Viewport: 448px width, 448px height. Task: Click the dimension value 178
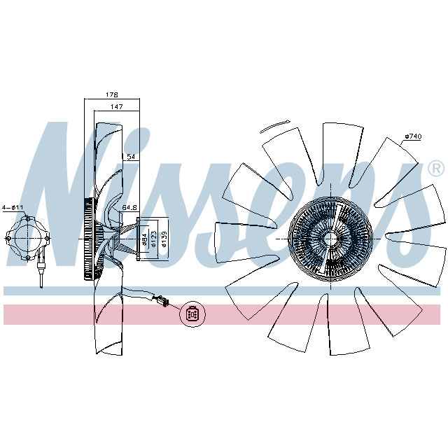pyautogui.click(x=112, y=94)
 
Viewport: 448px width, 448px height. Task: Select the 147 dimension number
pyautogui.click(x=117, y=107)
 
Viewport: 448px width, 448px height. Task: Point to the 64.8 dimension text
pyautogui.click(x=129, y=208)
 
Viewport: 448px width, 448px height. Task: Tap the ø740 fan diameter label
pyautogui.click(x=412, y=136)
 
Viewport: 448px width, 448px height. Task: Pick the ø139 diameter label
pyautogui.click(x=164, y=239)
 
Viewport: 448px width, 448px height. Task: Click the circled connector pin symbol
pyautogui.click(x=192, y=314)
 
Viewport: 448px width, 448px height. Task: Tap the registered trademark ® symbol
pyautogui.click(x=435, y=169)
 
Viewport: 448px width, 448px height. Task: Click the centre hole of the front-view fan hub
pyautogui.click(x=327, y=238)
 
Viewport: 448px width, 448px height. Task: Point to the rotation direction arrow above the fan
pyautogui.click(x=274, y=127)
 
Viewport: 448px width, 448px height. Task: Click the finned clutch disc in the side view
pyautogui.click(x=88, y=240)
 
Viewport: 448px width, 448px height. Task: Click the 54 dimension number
pyautogui.click(x=129, y=157)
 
